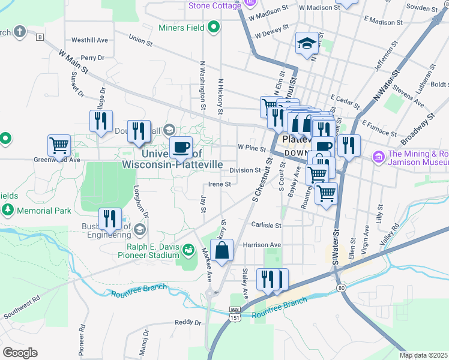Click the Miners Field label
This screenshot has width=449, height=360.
(x=180, y=27)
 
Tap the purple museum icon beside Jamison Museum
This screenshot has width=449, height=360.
(x=378, y=157)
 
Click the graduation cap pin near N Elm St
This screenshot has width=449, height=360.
(x=307, y=44)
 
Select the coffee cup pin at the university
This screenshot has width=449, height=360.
(x=180, y=148)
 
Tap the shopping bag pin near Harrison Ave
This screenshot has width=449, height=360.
(x=221, y=251)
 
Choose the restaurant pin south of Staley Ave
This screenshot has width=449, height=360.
(x=273, y=280)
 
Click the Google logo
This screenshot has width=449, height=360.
(x=19, y=353)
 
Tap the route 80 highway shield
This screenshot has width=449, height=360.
(x=342, y=287)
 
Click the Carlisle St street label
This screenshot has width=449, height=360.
(x=267, y=225)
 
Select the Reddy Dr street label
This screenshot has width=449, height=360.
(x=187, y=322)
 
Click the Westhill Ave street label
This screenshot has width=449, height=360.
(x=89, y=40)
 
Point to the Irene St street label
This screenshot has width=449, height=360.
(x=220, y=184)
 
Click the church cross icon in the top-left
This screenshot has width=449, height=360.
(x=20, y=31)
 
